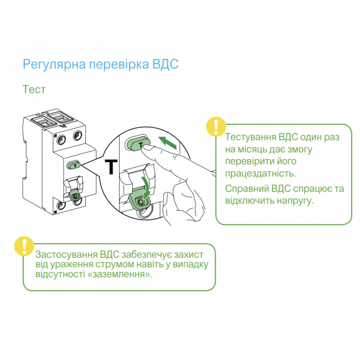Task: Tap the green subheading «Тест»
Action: tap(34, 90)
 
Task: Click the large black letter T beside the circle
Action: tap(110, 166)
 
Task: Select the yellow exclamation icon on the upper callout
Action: tap(215, 127)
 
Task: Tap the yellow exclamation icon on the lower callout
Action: tap(24, 246)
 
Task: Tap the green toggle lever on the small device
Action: tap(74, 196)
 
